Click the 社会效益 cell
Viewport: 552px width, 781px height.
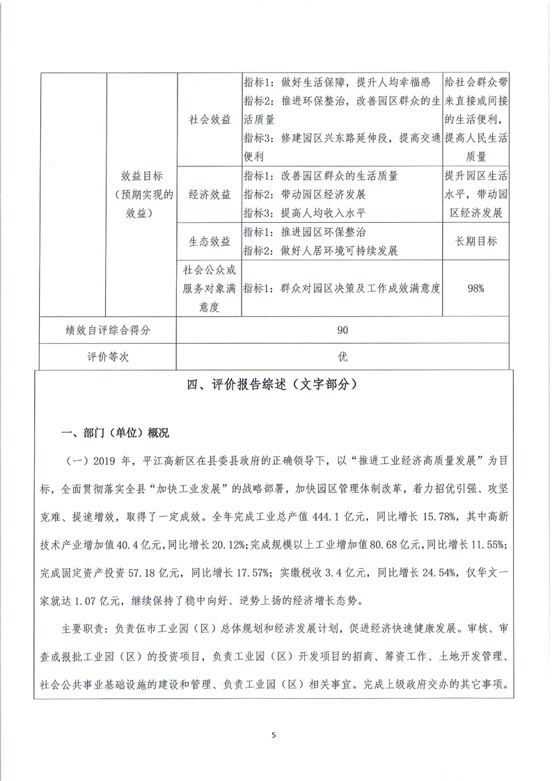[210, 119]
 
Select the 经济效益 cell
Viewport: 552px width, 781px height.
[210, 194]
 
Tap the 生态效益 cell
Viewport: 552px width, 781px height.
[210, 242]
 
